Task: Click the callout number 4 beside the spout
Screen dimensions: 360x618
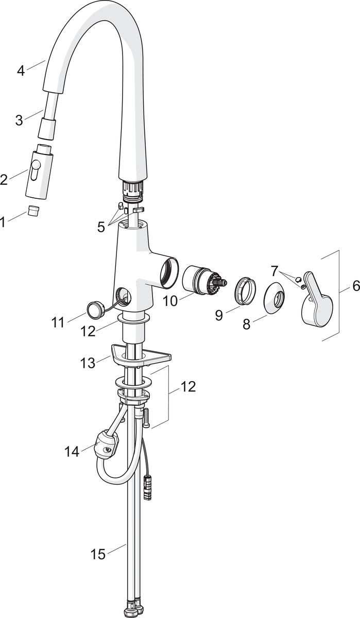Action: click(x=21, y=71)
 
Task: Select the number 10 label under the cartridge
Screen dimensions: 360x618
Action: click(x=170, y=301)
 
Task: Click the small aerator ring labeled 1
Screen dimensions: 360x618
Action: click(x=33, y=211)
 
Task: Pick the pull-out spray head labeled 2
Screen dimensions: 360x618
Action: click(x=40, y=174)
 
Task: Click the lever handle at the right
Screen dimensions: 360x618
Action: click(x=317, y=298)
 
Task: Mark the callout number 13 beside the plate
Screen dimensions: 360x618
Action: click(x=88, y=363)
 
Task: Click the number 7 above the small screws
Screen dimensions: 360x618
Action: click(x=273, y=271)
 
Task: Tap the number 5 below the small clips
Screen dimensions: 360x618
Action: click(x=101, y=227)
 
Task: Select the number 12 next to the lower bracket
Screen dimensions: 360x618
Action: click(x=188, y=387)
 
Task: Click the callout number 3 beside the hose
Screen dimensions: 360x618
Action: click(x=19, y=121)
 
